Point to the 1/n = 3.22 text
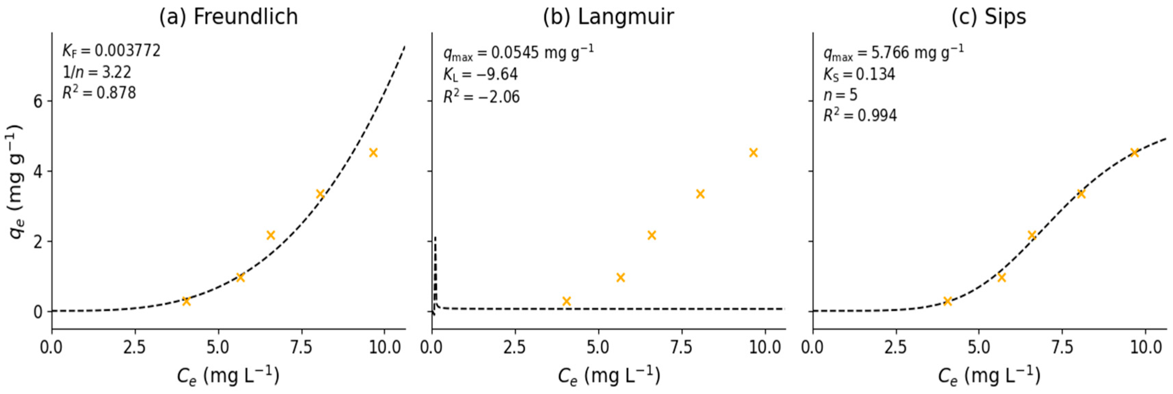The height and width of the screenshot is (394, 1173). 97,72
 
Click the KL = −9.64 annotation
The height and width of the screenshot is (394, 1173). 480,75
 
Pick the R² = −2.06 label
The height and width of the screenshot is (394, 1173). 481,97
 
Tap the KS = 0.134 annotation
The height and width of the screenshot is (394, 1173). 859,75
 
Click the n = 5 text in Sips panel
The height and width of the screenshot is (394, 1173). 840,95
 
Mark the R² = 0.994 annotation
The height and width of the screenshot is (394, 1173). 860,116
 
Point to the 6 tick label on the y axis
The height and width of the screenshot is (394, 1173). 37,101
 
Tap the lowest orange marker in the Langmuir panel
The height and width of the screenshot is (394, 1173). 566,301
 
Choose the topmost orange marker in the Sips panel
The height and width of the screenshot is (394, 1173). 1134,152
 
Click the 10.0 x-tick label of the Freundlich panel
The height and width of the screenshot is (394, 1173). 385,348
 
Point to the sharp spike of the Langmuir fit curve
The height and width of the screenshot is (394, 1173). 435,239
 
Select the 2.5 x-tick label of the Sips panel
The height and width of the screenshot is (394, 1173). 896,348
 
